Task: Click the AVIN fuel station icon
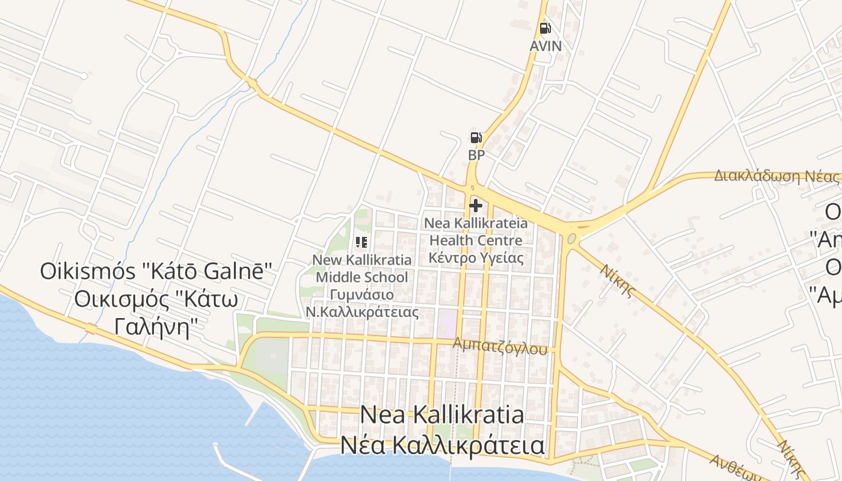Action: (545, 28)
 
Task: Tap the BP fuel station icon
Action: (476, 138)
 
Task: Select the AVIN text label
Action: (545, 46)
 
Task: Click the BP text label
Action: (476, 155)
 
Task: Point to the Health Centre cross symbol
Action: (476, 206)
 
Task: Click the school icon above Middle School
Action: (361, 242)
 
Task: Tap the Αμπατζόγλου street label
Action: (501, 346)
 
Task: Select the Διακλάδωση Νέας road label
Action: (776, 176)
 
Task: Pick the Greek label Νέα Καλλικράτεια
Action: (443, 446)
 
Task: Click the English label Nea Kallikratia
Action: (442, 415)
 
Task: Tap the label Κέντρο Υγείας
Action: (476, 258)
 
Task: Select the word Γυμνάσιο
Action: (361, 295)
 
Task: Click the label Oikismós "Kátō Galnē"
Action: (156, 271)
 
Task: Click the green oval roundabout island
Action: (571, 239)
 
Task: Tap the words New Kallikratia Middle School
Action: (361, 268)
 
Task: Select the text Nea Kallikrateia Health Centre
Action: (476, 231)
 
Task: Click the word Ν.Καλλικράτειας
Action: (361, 312)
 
